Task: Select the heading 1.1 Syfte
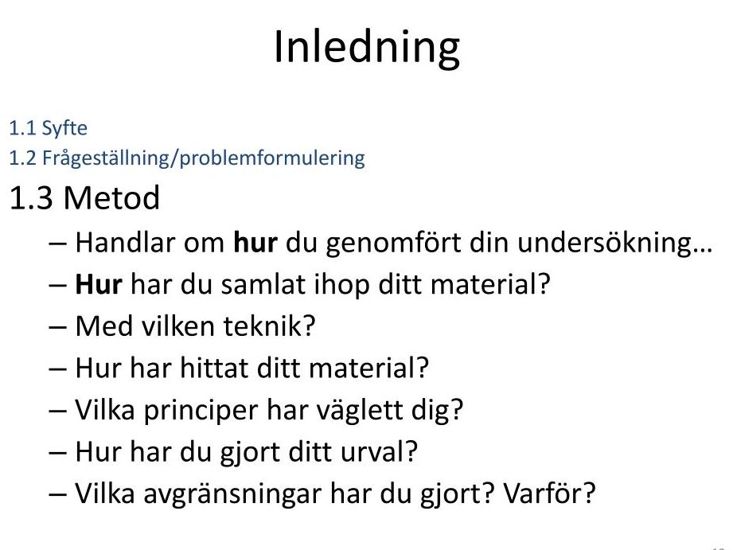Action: [48, 128]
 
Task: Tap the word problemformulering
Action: [272, 158]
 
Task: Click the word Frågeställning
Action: [106, 158]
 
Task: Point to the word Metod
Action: [111, 197]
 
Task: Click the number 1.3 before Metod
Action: [31, 197]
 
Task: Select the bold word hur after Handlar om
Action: [255, 243]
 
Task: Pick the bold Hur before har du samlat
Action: [99, 284]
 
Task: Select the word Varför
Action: [549, 493]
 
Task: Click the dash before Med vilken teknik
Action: [57, 327]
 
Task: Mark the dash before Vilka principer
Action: [57, 411]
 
